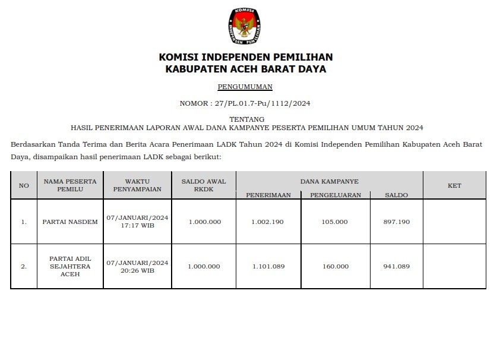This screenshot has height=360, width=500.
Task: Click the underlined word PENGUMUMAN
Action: [x=245, y=87]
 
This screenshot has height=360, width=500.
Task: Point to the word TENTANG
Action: [x=246, y=119]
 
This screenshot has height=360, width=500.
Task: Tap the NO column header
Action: [x=24, y=185]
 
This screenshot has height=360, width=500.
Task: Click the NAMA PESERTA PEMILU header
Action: [x=70, y=185]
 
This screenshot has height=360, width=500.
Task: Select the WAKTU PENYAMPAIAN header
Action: [x=137, y=185]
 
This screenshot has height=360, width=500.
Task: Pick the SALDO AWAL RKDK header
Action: [x=204, y=185]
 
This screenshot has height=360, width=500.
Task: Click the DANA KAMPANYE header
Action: [x=329, y=181]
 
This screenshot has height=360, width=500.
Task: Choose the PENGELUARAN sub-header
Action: [x=335, y=195]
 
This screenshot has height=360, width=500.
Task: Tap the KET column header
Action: [x=454, y=185]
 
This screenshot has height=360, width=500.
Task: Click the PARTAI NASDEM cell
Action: [x=70, y=222]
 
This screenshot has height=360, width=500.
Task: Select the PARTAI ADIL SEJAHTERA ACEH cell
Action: [x=70, y=267]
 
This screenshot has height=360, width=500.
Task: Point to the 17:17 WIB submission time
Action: [x=137, y=226]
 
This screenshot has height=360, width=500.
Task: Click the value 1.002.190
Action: [x=268, y=222]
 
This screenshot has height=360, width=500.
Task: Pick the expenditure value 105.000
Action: [x=335, y=222]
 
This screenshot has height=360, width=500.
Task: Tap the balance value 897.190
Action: [x=396, y=222]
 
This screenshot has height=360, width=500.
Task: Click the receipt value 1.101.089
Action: [x=268, y=267]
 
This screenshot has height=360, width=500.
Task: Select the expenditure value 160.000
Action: [x=335, y=267]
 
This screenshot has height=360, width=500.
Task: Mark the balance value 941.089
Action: [x=396, y=267]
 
